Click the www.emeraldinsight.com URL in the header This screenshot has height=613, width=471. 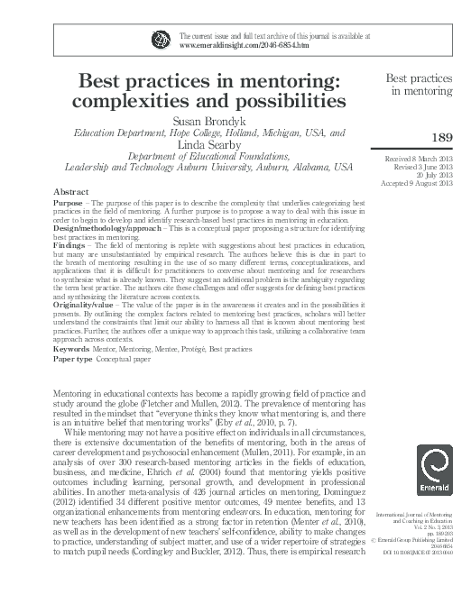(217, 44)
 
